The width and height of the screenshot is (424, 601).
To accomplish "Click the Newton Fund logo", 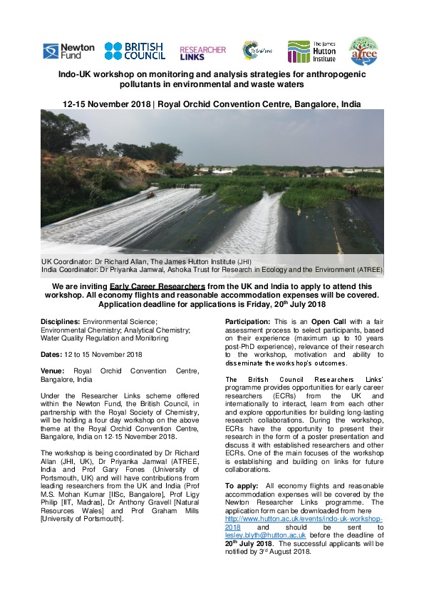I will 68,51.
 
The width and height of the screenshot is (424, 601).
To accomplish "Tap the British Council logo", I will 135,51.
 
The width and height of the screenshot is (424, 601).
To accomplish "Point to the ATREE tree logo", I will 362,51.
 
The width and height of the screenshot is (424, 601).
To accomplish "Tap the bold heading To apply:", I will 242,486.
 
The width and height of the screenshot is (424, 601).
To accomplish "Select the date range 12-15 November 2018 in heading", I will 107,104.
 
